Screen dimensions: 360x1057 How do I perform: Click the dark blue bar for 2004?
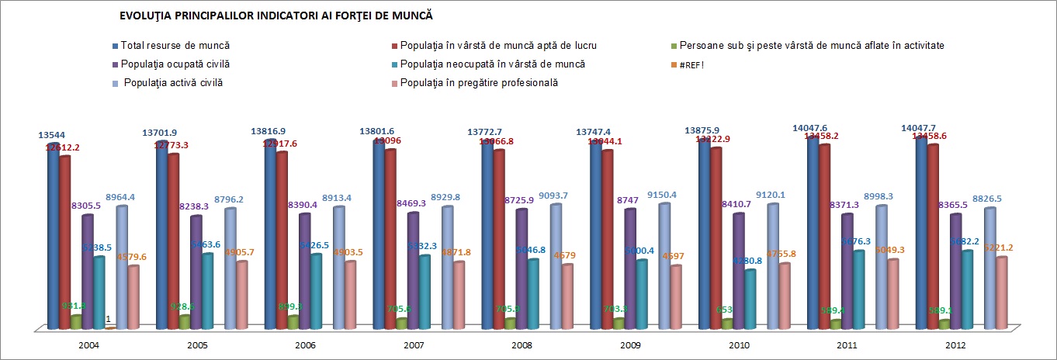[52, 233]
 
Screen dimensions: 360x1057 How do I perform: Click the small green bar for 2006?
[293, 321]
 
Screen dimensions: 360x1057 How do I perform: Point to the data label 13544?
[52, 134]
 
